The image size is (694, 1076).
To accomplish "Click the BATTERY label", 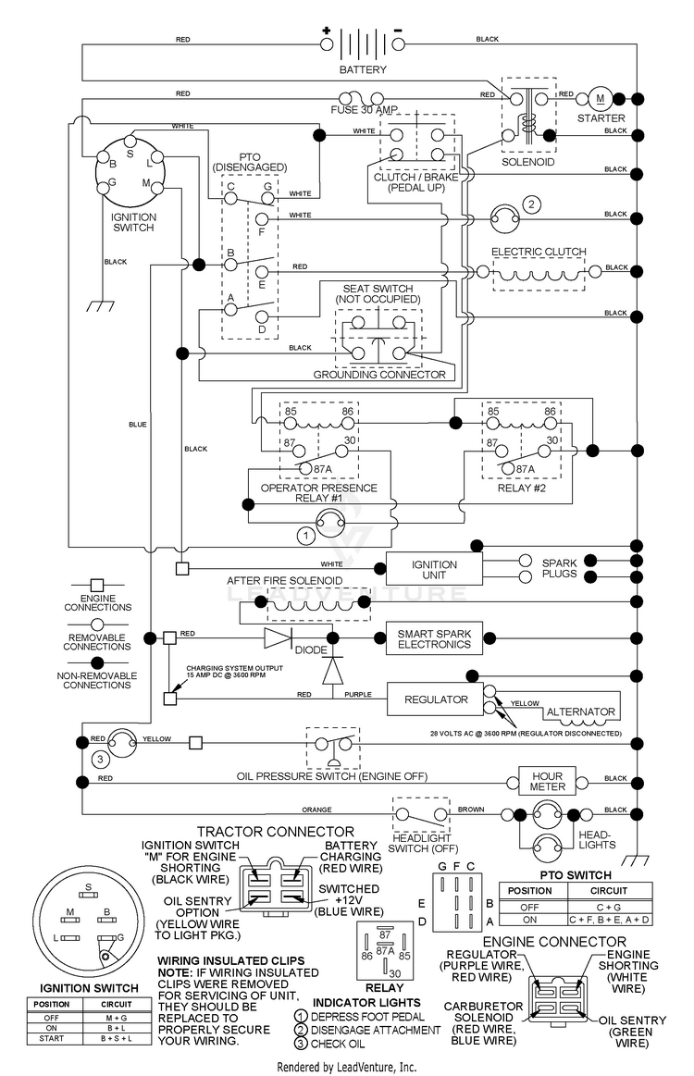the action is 363,69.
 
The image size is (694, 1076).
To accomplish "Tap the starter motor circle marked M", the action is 600,99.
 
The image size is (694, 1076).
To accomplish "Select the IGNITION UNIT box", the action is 434,570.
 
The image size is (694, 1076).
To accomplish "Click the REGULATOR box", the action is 436,699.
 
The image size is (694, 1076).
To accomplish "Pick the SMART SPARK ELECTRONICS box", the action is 434,639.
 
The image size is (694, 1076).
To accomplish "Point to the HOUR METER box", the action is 547,782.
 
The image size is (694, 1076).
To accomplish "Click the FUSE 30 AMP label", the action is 364,110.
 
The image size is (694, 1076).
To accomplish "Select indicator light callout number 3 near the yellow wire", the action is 100,759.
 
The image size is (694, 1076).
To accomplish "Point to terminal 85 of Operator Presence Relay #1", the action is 291,412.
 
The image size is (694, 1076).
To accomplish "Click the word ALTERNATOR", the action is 581,711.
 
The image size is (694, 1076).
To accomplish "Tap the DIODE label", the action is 311,649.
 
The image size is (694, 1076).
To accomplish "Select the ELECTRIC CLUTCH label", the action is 539,252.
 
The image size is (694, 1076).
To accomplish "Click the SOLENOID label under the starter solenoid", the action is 527,162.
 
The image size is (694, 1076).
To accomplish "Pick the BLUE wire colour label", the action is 137,425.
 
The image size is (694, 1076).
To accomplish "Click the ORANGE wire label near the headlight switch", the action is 316,810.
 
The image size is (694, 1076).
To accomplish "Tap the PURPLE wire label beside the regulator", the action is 357,695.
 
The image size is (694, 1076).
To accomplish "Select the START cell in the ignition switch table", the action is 52,1038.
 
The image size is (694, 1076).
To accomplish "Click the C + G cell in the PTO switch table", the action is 609,908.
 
